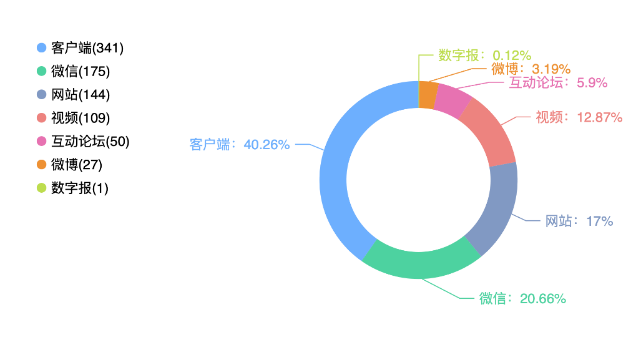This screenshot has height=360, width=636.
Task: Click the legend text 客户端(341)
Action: click(87, 48)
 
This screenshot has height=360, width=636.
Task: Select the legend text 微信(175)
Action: click(81, 71)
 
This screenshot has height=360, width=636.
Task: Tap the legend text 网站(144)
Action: click(81, 94)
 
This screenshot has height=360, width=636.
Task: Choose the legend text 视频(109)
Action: click(81, 118)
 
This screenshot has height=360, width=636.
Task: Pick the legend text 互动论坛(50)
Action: click(90, 142)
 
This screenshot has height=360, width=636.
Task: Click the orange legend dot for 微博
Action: click(41, 165)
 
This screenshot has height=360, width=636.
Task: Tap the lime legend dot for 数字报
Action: click(41, 188)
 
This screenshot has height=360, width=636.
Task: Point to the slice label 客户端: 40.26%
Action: click(239, 144)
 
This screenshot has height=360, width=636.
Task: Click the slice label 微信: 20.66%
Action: click(522, 299)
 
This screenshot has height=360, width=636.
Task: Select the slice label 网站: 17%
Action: click(579, 221)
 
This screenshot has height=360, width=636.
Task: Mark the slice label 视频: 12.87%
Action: click(579, 117)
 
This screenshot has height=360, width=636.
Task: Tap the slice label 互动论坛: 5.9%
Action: click(558, 83)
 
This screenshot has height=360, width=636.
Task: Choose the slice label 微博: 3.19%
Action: click(531, 69)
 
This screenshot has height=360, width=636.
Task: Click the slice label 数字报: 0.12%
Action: click(485, 55)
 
